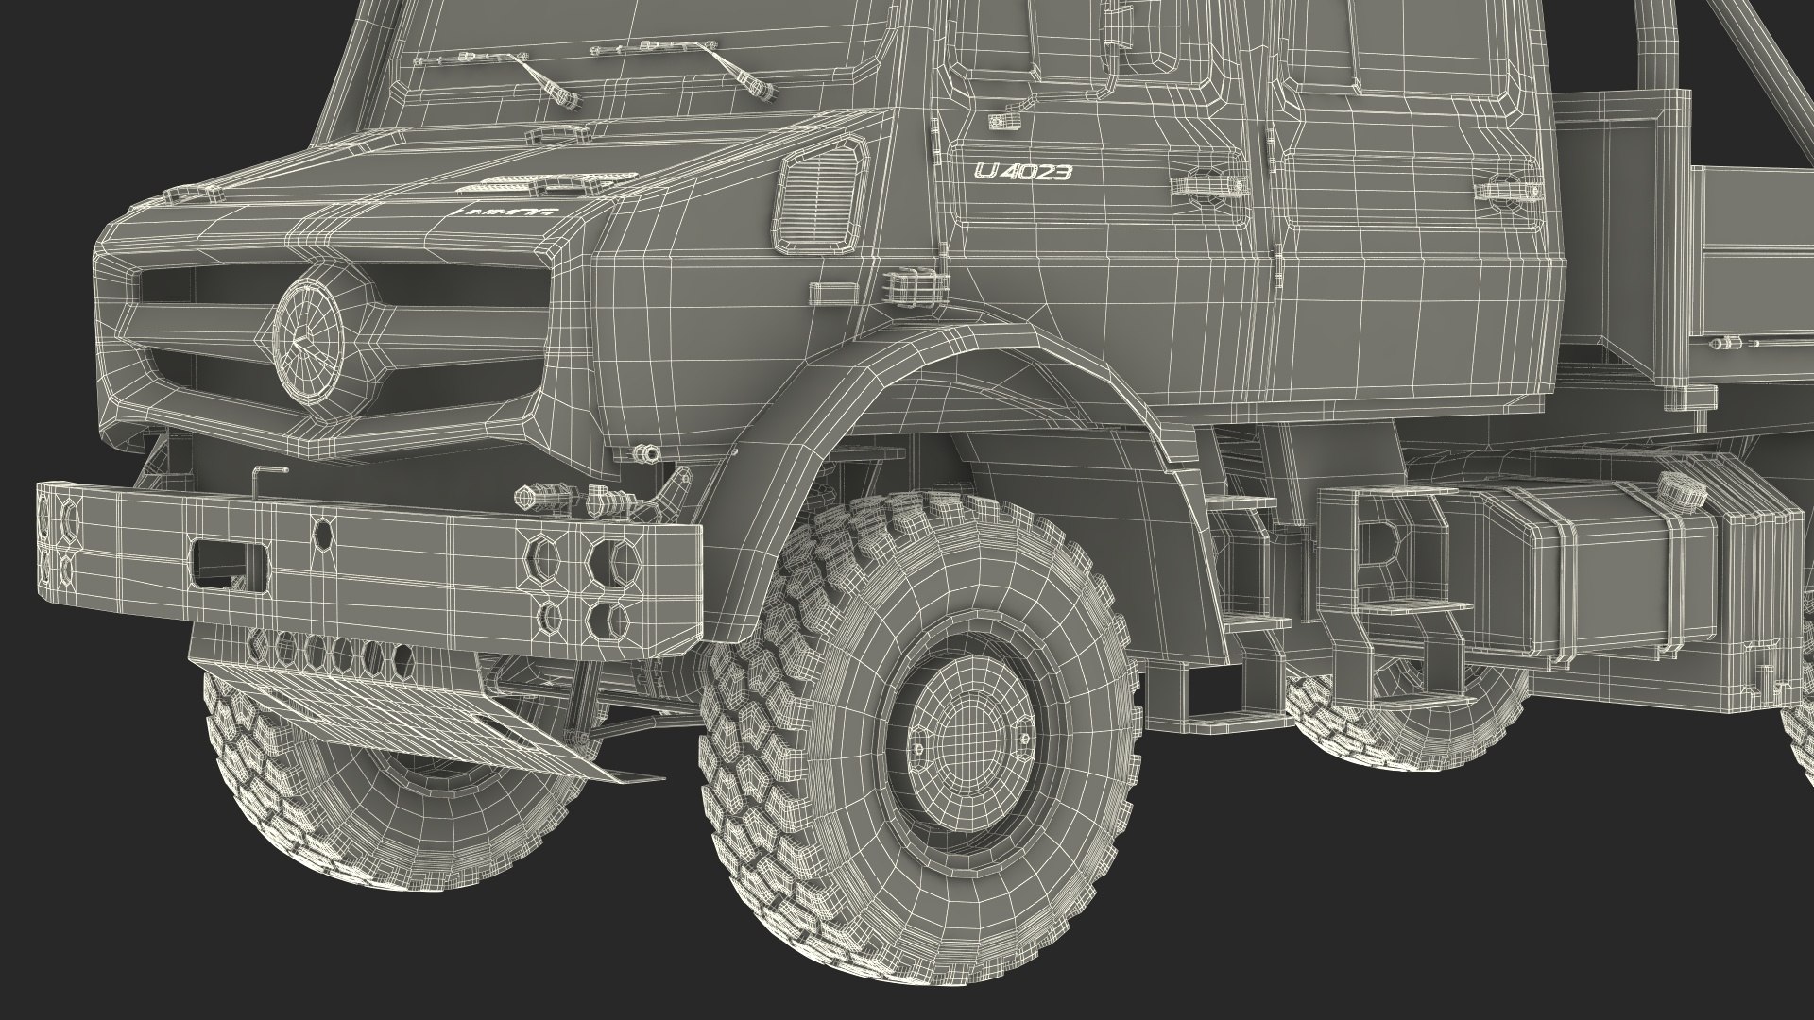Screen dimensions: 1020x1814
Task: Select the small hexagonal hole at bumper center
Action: [x=322, y=534]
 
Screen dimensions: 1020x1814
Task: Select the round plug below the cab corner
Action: [x=646, y=455]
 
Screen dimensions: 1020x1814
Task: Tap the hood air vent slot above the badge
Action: [x=553, y=178]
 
